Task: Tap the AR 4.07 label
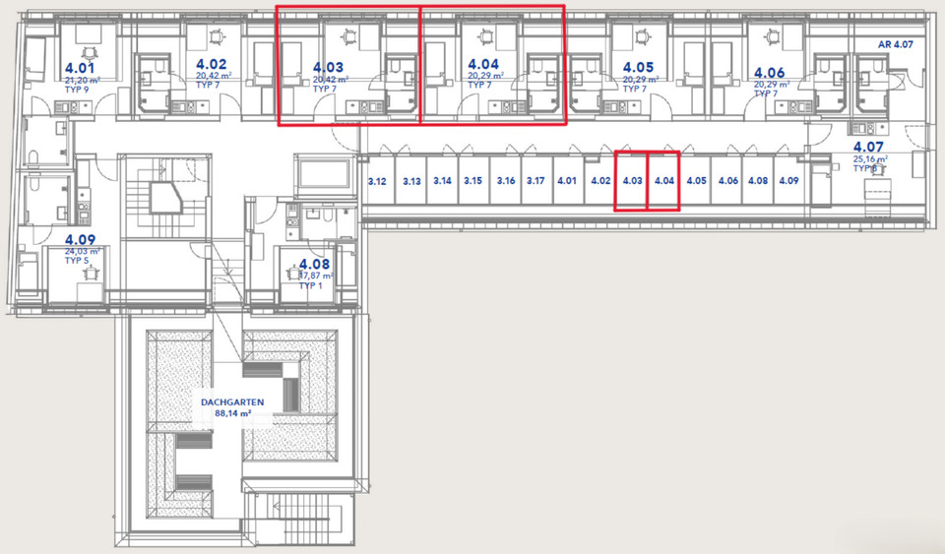click(896, 45)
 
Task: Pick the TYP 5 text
click(77, 260)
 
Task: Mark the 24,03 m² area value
click(83, 251)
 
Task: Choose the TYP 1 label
click(312, 285)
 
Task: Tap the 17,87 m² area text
click(316, 277)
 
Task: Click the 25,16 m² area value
click(870, 158)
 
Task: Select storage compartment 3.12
click(377, 181)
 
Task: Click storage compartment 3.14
click(442, 181)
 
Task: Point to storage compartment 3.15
click(473, 181)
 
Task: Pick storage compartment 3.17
click(535, 181)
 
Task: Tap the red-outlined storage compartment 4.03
click(632, 181)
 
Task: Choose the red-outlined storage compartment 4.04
click(663, 181)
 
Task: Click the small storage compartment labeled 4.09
click(788, 181)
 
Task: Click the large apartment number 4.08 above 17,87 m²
click(315, 264)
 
